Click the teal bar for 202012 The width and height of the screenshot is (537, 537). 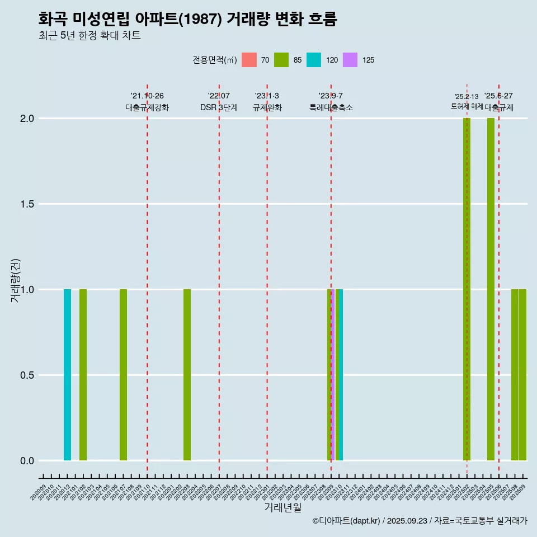tap(67, 375)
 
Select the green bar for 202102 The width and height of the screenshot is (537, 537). tap(83, 375)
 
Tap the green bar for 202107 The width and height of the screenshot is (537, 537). tap(123, 375)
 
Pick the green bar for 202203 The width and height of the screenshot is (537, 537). tap(187, 375)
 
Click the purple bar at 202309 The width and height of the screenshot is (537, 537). tap(333, 375)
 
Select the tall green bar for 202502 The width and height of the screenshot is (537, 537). tap(467, 289)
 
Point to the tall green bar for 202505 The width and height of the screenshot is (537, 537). tap(491, 289)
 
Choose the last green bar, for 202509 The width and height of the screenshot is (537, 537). tap(522, 375)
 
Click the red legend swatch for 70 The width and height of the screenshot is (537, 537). tap(249, 60)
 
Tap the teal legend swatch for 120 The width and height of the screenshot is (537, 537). tap(314, 60)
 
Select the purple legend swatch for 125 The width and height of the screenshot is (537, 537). tap(350, 60)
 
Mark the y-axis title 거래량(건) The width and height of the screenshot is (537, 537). tap(16, 280)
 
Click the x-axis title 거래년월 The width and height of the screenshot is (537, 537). tap(282, 507)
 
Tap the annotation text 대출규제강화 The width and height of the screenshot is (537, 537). tap(147, 107)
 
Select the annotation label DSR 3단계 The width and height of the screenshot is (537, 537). tap(219, 107)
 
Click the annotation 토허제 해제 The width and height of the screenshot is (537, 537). tap(467, 106)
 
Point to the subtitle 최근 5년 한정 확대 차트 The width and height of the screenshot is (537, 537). tap(89, 36)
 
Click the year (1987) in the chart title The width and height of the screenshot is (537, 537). tap(202, 19)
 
